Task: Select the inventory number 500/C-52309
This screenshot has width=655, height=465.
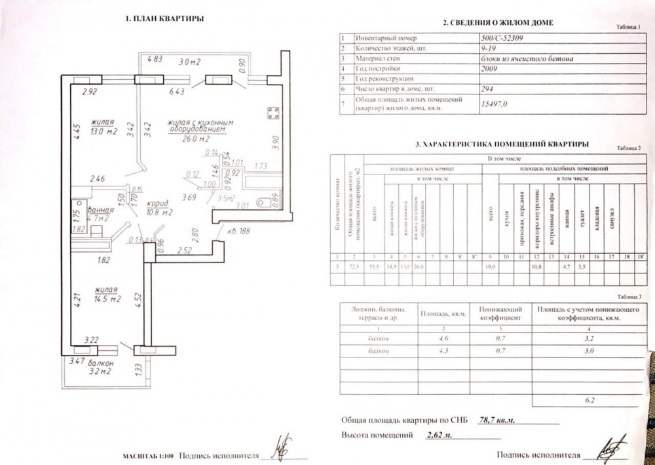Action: [504, 39]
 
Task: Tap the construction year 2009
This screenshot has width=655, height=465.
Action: [488, 68]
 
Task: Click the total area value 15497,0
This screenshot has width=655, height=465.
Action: [495, 104]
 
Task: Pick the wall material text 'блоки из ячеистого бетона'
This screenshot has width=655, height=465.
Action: [527, 58]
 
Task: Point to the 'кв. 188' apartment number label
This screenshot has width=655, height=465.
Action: [237, 231]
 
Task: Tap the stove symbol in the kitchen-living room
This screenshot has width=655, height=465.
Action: [271, 112]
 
